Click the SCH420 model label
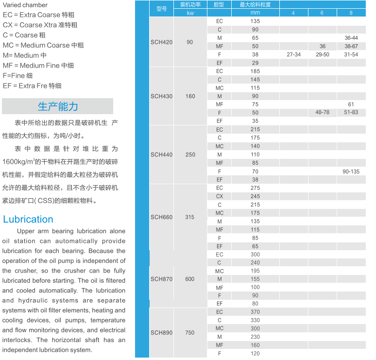click(x=161, y=42)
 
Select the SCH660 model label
click(x=161, y=217)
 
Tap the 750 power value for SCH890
click(x=189, y=333)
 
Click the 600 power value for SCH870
click(x=189, y=279)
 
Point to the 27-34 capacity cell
click(x=293, y=54)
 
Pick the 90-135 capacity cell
click(x=351, y=171)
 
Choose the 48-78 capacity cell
click(x=322, y=112)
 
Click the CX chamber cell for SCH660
click(x=220, y=196)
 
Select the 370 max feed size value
click(x=255, y=312)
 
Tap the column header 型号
click(x=162, y=9)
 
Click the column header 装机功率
click(x=190, y=4)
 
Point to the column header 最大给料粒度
click(x=255, y=4)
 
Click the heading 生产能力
click(x=58, y=106)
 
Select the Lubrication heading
click(x=28, y=219)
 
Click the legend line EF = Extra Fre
click(x=32, y=86)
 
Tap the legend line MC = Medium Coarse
click(x=43, y=45)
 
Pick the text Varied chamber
click(x=25, y=5)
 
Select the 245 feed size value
click(x=255, y=196)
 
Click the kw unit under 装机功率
click(x=190, y=13)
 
